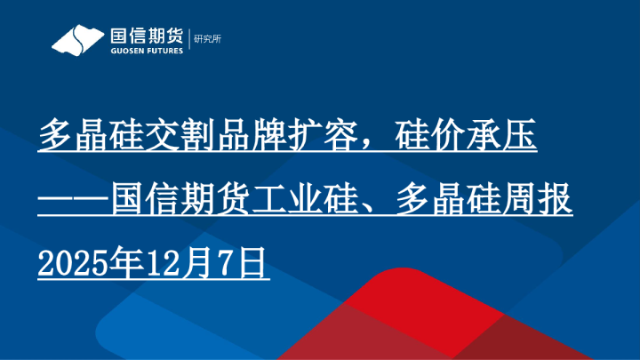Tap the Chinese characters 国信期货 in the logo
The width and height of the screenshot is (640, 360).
click(x=146, y=36)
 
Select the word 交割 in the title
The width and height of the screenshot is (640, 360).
click(x=181, y=137)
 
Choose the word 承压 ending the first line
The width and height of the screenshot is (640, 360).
click(x=502, y=137)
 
